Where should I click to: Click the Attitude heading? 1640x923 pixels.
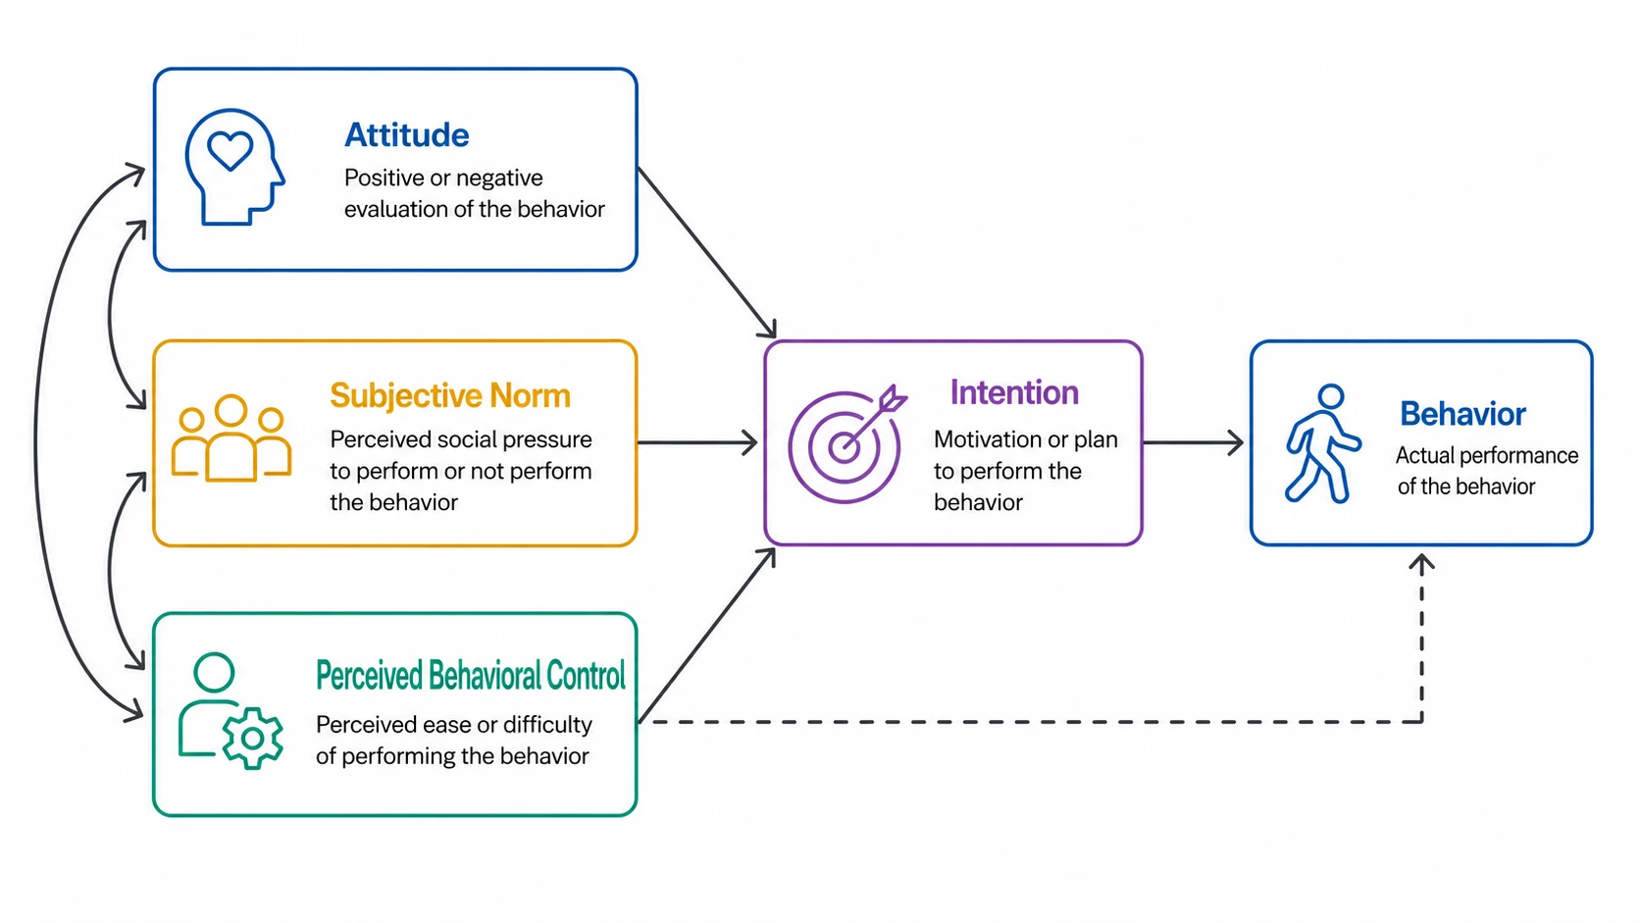tap(407, 135)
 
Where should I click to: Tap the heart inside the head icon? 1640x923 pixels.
tap(230, 151)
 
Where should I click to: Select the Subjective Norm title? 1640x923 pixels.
tap(449, 396)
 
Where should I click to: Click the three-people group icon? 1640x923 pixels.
tap(231, 437)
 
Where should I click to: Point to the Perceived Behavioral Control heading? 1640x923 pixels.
tap(471, 675)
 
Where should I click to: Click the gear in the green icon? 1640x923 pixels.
tap(253, 739)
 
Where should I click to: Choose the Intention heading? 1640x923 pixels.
tap(1014, 393)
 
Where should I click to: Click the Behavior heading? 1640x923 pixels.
tap(1462, 414)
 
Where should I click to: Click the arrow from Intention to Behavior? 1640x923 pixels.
tap(1193, 442)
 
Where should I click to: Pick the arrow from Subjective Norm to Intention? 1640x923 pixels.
tap(697, 442)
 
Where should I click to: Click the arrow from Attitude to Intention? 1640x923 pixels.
tap(707, 253)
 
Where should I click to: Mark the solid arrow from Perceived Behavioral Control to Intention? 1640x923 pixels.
tap(707, 636)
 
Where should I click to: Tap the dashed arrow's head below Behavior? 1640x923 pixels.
tap(1422, 564)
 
